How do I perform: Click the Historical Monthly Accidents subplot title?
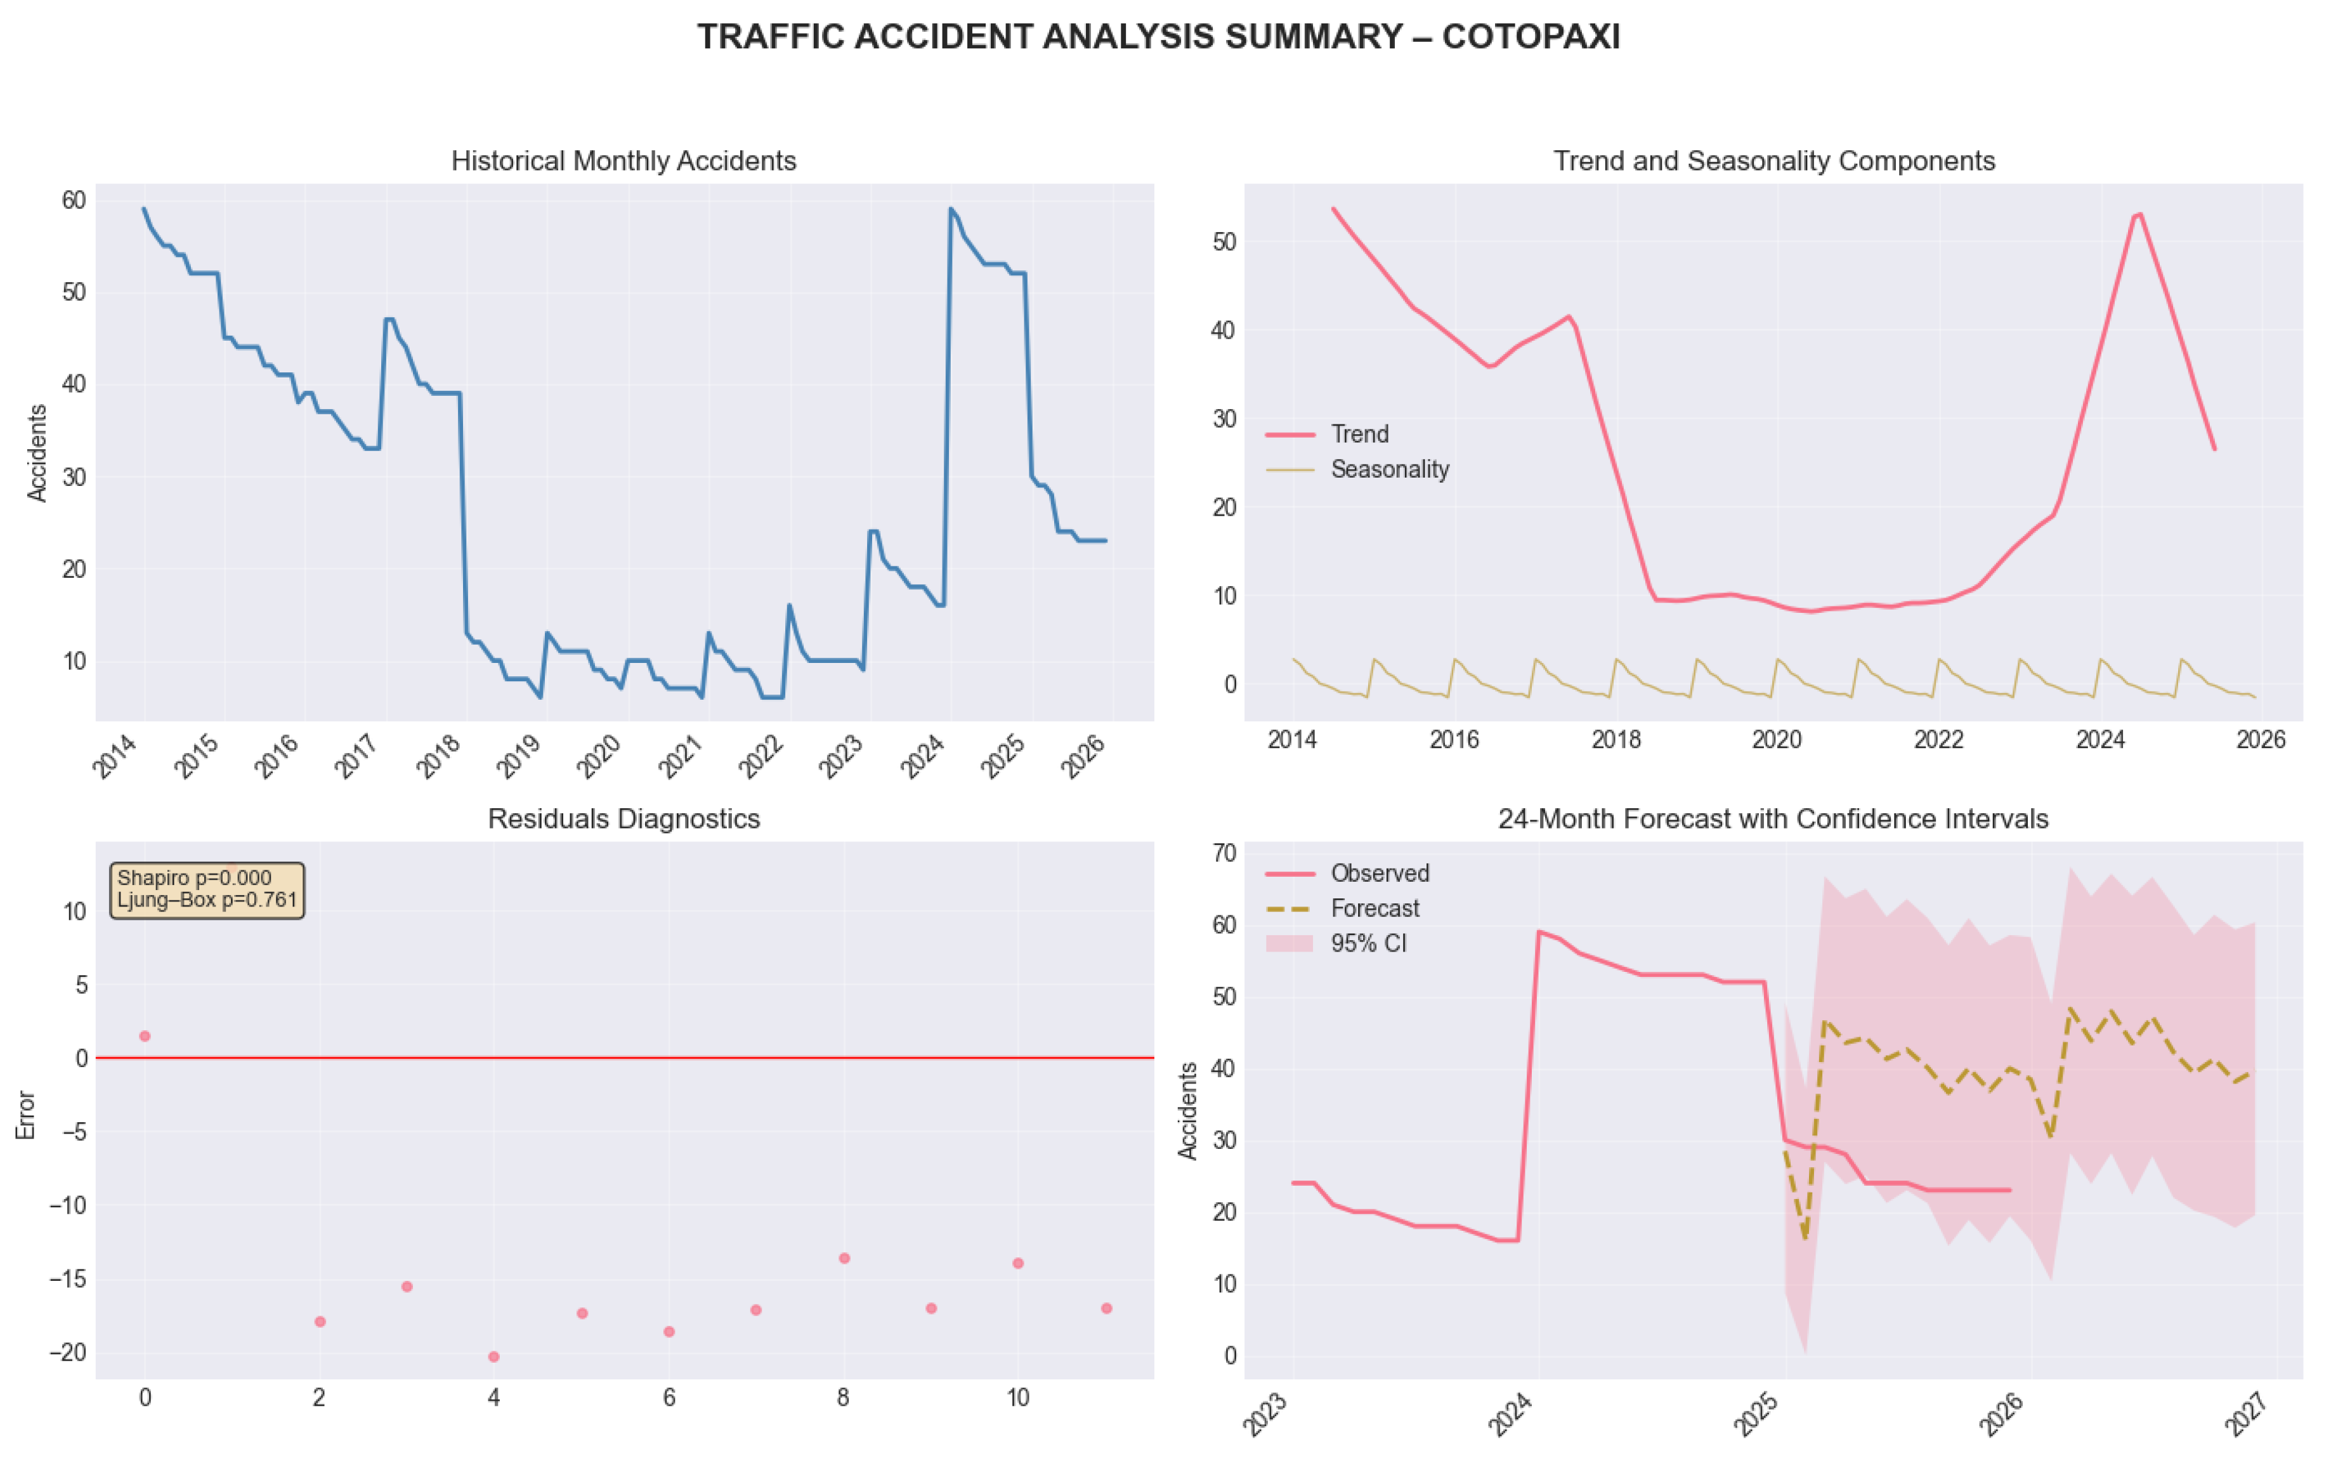(624, 161)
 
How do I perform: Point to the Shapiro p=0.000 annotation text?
(195, 878)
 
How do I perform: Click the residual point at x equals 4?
(493, 1356)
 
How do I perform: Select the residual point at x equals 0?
(145, 1036)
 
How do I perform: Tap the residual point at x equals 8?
(844, 1258)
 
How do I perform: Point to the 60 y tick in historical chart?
(75, 200)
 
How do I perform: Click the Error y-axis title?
(26, 1115)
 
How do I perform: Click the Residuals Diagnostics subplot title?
(624, 819)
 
